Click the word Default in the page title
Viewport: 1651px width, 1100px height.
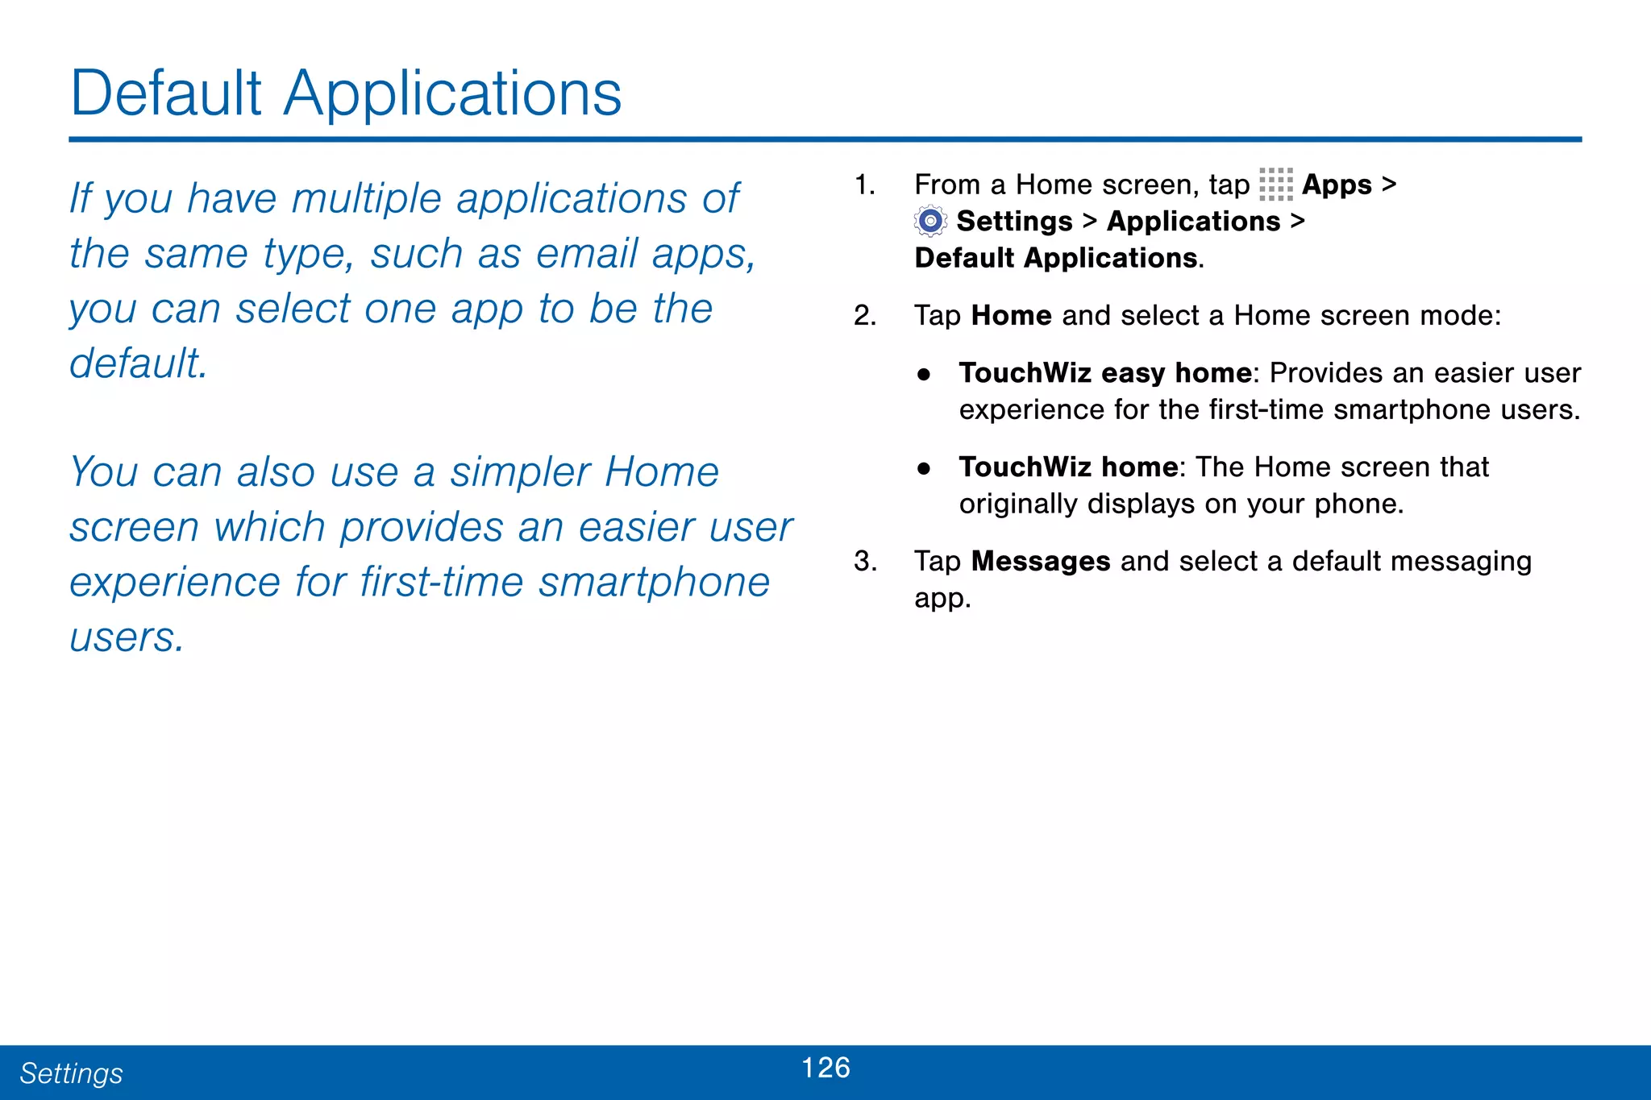(166, 93)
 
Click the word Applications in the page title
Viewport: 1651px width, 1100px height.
(452, 95)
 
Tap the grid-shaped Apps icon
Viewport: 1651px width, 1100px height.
(1275, 185)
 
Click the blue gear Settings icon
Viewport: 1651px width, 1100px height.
(930, 221)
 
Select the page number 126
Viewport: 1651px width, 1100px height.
(825, 1068)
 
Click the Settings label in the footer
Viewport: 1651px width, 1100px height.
(71, 1073)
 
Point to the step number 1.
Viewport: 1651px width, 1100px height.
(864, 185)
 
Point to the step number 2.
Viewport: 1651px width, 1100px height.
(864, 316)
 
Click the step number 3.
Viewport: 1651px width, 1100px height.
(864, 562)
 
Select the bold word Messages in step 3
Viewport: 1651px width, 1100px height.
(1040, 562)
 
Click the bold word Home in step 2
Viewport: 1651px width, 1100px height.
(1011, 316)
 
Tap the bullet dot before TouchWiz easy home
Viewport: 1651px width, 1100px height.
(924, 375)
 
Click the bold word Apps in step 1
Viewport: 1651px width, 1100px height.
(1336, 185)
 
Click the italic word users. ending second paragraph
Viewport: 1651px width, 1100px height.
(127, 638)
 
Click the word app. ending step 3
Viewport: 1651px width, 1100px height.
(942, 599)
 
